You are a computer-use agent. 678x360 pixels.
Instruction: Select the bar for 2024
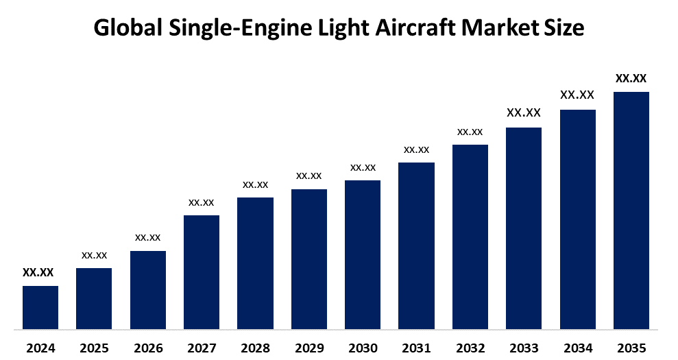point(40,307)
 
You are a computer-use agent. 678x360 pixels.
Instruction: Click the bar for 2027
point(202,272)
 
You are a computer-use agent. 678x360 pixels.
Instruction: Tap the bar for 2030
point(363,254)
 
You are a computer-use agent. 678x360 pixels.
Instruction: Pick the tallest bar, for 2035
point(631,210)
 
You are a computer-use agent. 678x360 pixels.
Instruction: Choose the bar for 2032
point(470,237)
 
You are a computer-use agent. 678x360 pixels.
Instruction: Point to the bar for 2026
point(148,289)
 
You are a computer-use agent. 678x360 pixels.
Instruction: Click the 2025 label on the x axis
point(94,348)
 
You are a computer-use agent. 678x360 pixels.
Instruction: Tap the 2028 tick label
point(255,348)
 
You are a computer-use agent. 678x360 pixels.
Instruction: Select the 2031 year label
point(416,348)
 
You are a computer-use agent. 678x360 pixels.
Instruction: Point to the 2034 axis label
point(577,348)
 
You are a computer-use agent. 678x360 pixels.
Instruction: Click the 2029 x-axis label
point(309,348)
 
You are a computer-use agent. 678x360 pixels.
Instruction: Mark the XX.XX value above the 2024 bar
point(38,272)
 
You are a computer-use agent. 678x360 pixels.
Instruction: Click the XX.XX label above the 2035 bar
point(631,78)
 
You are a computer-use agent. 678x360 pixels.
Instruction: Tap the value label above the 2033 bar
point(524,112)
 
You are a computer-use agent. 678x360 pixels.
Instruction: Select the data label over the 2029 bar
point(309,176)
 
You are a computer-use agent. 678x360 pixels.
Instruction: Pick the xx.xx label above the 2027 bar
point(202,202)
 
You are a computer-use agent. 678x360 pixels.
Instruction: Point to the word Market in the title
point(498,28)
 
